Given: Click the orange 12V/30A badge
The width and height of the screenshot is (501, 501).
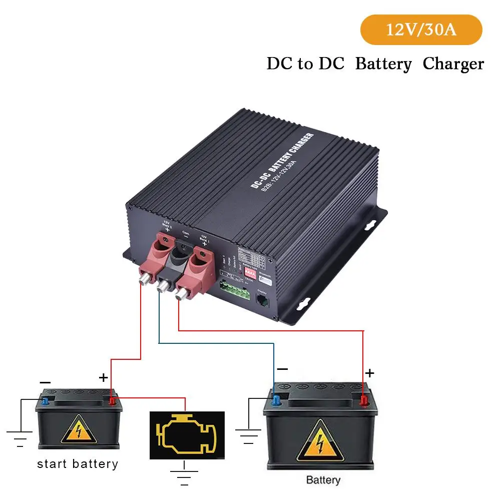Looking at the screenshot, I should (421, 30).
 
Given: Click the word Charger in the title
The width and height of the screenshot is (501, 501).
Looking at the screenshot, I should (453, 64).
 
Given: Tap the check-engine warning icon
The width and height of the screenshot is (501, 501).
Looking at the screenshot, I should (187, 435).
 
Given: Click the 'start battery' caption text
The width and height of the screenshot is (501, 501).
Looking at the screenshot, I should (78, 464).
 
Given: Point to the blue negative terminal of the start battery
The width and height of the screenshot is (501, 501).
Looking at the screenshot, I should (46, 400).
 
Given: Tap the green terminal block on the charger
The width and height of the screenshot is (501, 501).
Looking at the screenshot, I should (234, 291).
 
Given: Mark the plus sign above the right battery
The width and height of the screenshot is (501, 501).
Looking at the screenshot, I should (370, 372).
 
